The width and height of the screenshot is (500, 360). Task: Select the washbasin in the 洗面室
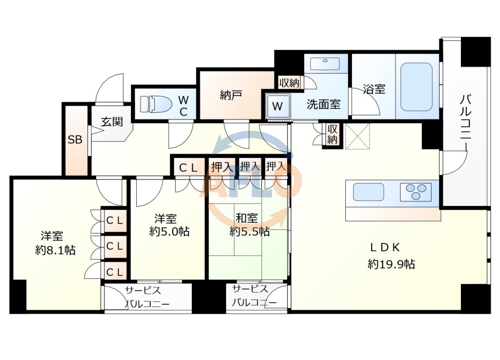(x=325, y=64)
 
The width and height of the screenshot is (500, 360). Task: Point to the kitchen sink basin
(x=369, y=192)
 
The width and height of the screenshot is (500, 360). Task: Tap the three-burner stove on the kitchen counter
(x=416, y=192)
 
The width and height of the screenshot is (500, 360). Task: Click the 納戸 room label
(x=231, y=96)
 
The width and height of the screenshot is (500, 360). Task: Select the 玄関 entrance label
(x=112, y=122)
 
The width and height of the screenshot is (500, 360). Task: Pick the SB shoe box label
(x=75, y=140)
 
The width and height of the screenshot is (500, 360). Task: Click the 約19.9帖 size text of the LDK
(x=391, y=264)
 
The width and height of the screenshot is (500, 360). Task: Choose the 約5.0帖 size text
(x=169, y=231)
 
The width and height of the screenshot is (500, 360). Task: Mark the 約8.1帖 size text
(x=55, y=250)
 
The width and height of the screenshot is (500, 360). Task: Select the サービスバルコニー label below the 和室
(x=253, y=296)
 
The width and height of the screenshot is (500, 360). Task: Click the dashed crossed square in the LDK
(x=357, y=135)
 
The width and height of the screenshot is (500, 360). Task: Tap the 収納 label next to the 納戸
(x=289, y=83)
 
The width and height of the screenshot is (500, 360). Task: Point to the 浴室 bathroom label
(x=374, y=89)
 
